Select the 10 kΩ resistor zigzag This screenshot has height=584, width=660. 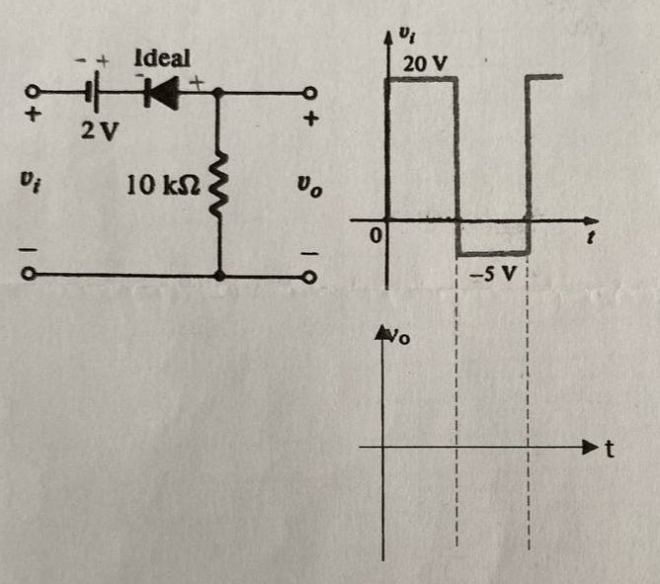218,183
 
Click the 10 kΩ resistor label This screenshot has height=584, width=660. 165,185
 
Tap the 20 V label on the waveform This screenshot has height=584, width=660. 425,65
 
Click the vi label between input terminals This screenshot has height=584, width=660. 31,184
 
